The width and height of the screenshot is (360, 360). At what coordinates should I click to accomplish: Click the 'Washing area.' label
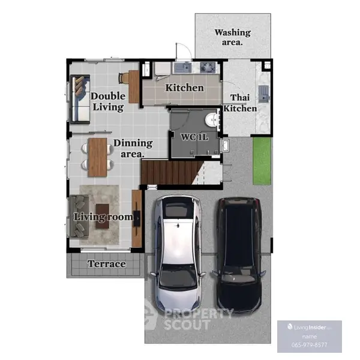(x=232, y=37)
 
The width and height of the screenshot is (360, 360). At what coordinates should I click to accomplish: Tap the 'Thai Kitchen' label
(x=240, y=103)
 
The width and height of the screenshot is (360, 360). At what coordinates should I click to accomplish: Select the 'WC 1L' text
(x=194, y=137)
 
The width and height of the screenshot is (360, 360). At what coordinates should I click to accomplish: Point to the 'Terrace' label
(x=107, y=264)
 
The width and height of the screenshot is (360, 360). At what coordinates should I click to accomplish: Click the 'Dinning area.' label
(x=133, y=148)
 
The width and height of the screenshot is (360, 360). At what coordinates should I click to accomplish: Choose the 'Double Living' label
(x=108, y=101)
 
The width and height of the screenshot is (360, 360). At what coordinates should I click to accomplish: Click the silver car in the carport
(x=178, y=254)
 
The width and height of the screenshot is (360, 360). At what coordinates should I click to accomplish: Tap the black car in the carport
(x=239, y=256)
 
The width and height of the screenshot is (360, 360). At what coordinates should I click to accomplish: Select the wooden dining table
(x=98, y=157)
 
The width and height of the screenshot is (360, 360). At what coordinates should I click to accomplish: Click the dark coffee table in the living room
(x=103, y=217)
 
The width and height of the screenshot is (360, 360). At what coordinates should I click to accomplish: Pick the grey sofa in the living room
(x=79, y=216)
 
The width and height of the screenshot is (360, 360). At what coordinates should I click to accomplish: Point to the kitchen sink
(x=183, y=67)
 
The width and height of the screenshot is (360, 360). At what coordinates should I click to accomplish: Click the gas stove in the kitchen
(x=208, y=67)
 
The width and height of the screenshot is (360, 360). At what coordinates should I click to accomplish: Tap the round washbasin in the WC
(x=211, y=120)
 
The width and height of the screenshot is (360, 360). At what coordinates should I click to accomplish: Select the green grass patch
(x=262, y=161)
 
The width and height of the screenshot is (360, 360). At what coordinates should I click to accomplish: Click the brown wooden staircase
(x=170, y=173)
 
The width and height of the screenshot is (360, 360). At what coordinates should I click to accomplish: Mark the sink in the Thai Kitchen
(x=264, y=94)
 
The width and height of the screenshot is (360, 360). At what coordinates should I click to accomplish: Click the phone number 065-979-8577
(x=309, y=345)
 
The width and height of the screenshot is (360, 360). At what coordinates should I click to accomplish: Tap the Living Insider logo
(x=309, y=327)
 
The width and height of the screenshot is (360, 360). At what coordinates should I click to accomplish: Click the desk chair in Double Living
(x=124, y=78)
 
